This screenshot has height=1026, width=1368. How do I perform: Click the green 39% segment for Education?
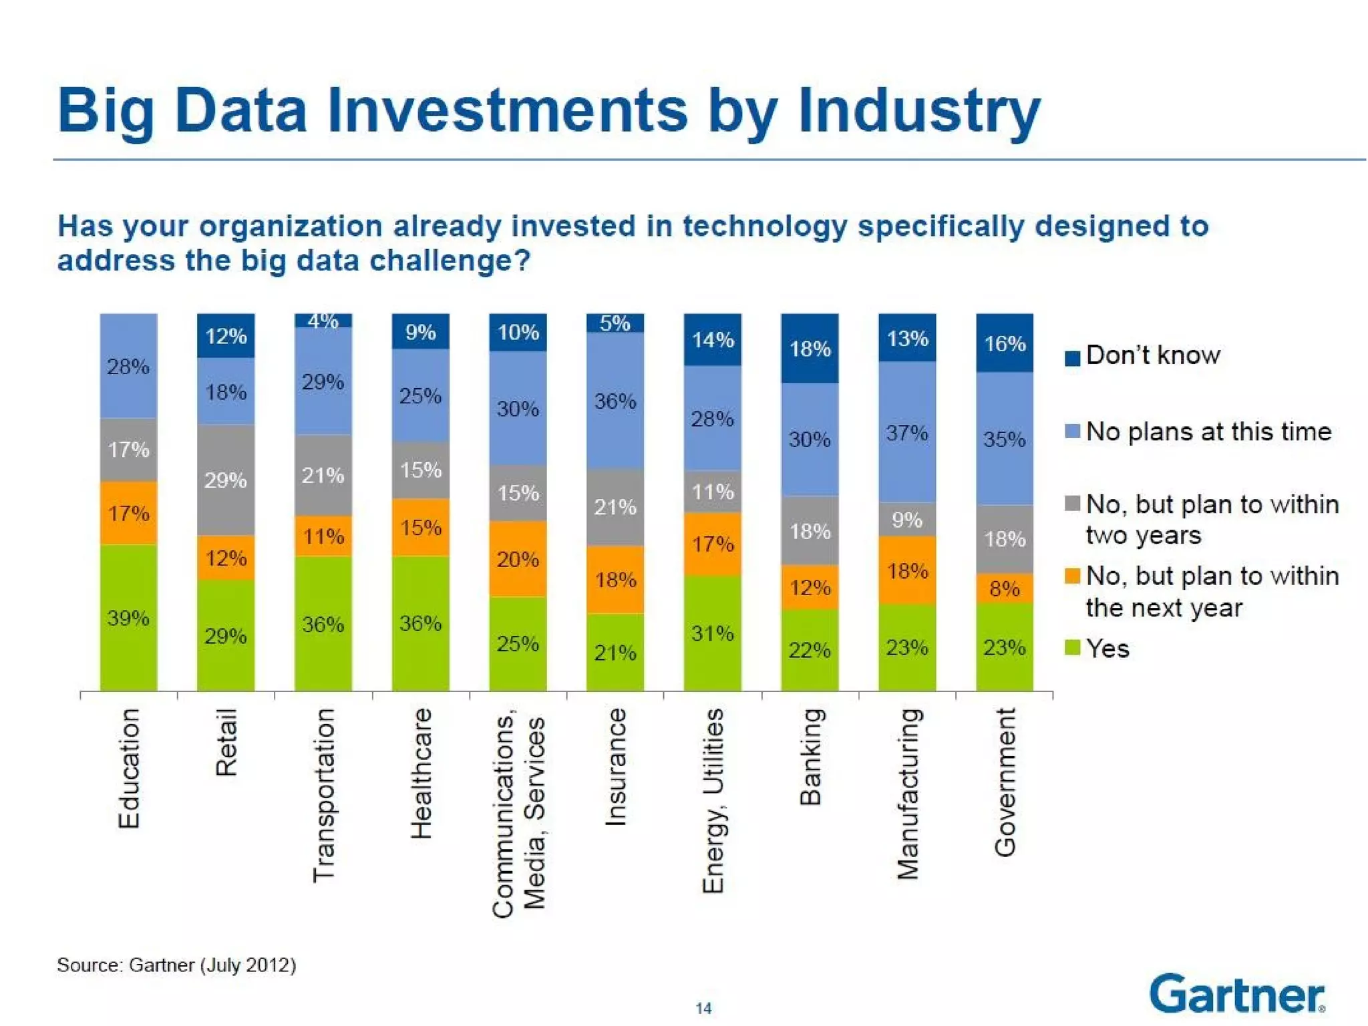(x=128, y=617)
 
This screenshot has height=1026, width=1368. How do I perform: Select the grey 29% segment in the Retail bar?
(x=226, y=480)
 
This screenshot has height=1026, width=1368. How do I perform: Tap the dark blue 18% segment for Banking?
(x=810, y=348)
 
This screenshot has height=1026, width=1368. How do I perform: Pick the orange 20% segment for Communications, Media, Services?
(x=518, y=558)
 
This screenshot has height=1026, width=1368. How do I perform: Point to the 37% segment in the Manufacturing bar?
(x=907, y=432)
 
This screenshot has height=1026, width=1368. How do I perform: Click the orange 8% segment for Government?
(x=1005, y=588)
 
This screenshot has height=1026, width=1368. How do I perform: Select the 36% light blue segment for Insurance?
(x=615, y=400)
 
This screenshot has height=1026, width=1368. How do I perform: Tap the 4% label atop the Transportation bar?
(x=323, y=321)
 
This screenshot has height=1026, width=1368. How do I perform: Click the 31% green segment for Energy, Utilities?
(x=713, y=632)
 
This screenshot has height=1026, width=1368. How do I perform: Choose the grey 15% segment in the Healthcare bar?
(x=420, y=470)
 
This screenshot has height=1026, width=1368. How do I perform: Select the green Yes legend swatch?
(x=1072, y=648)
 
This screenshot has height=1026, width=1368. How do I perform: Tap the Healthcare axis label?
(x=421, y=773)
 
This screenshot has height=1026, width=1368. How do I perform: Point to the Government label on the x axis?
(x=1005, y=782)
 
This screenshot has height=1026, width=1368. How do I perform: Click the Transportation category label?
(x=324, y=795)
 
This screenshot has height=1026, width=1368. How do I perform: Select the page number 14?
(x=703, y=1008)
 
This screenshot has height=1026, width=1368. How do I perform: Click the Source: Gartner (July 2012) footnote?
(x=176, y=965)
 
